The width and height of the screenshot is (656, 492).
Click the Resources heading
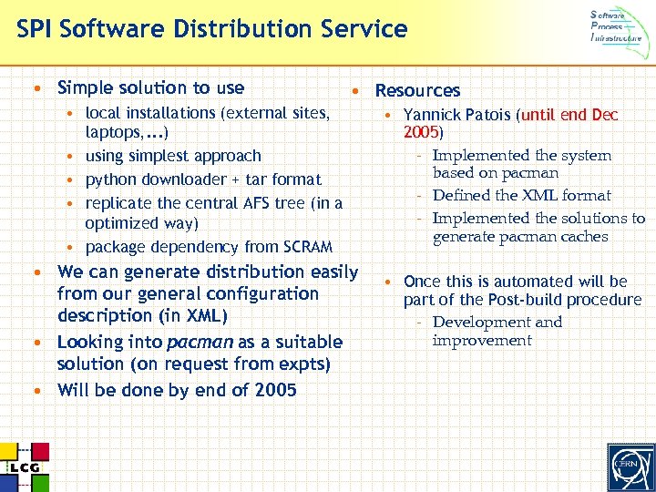pos(417,90)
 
